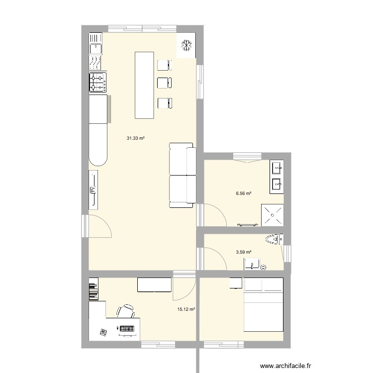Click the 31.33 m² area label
point(135,139)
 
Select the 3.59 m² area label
point(244,252)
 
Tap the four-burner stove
point(97,83)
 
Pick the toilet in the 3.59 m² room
point(274,239)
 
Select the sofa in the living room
point(182,175)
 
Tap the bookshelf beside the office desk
point(93,292)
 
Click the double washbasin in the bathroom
point(277,177)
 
